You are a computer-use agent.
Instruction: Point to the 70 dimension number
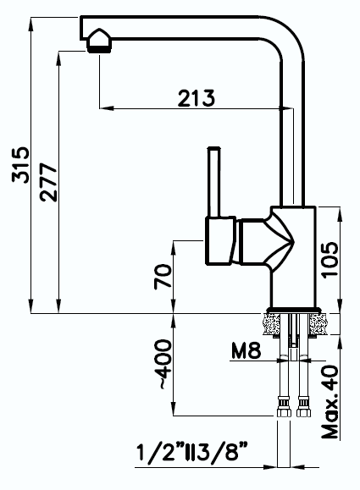(164, 276)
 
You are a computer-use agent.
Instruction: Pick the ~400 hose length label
(164, 366)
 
